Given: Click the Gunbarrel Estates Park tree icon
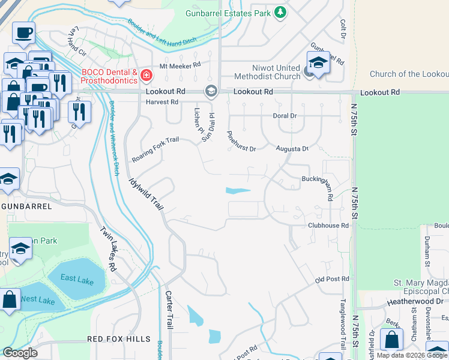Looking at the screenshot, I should [x=280, y=12].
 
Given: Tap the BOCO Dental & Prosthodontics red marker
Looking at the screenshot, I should [x=146, y=76].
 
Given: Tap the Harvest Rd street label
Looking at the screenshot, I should [x=162, y=102].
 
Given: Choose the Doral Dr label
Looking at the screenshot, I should [x=285, y=115].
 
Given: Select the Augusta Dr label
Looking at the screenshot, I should [x=292, y=148].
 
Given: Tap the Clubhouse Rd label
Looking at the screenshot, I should [x=328, y=226].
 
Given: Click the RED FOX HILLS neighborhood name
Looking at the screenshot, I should [x=119, y=339].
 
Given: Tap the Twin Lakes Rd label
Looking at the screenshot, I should [x=109, y=248].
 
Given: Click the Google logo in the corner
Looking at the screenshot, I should [x=20, y=353].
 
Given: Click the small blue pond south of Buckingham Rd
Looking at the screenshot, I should [x=238, y=191].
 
